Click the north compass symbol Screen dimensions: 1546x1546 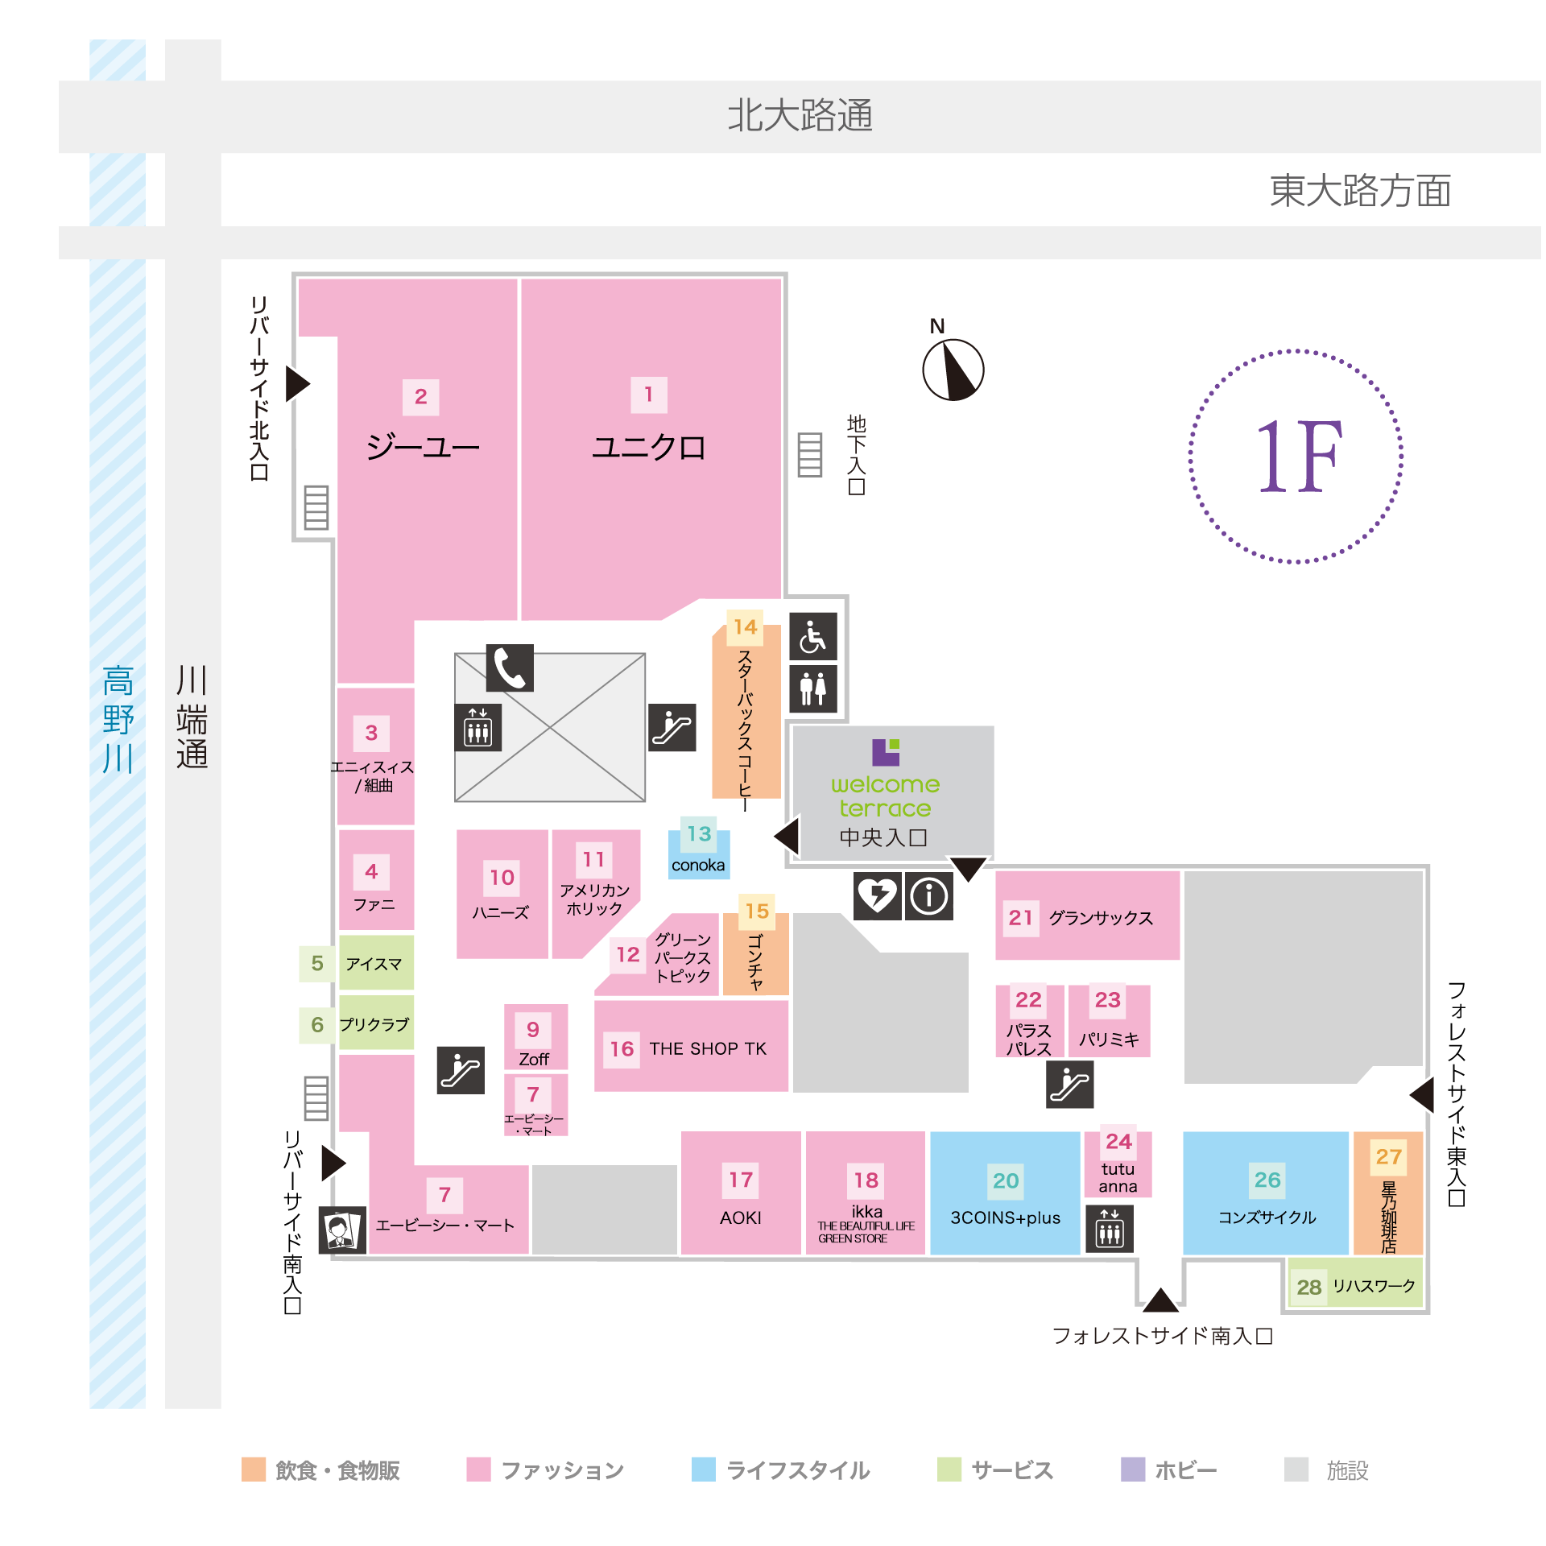coord(953,370)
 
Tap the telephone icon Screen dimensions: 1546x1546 coord(509,668)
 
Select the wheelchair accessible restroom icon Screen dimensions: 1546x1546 coord(812,636)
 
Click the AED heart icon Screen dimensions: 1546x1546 coord(877,895)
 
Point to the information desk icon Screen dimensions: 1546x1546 coord(928,895)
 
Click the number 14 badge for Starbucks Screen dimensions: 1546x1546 coord(745,626)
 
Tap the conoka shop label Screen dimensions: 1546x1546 coord(698,865)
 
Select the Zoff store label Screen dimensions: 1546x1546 coord(534,1059)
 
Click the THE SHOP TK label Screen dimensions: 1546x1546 coord(708,1048)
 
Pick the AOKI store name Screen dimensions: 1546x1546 coord(740,1217)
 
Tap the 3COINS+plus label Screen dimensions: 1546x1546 coord(1005,1217)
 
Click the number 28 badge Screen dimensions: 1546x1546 coord(1308,1287)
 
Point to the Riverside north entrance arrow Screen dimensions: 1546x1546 coord(297,383)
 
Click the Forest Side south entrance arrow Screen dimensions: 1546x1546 coord(1160,1300)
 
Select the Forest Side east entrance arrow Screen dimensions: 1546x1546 coord(1422,1095)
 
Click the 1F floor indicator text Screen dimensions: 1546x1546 coord(1297,456)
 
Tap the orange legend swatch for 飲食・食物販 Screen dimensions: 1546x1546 coord(254,1469)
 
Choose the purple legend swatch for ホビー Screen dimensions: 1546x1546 coord(1133,1469)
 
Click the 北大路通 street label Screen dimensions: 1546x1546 coord(800,115)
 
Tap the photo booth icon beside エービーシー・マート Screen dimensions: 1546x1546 coord(342,1230)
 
